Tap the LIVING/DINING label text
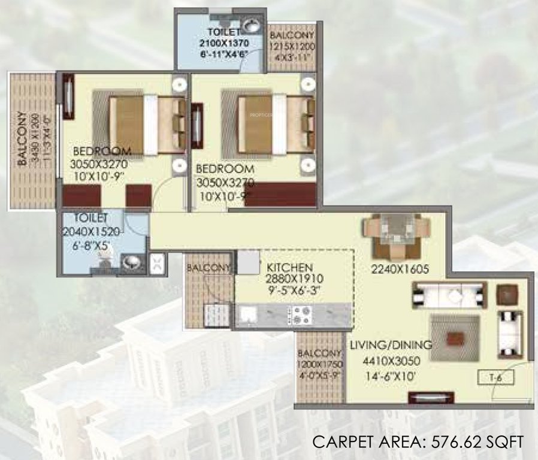(390, 345)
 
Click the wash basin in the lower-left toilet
(130, 262)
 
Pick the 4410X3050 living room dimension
(390, 361)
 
